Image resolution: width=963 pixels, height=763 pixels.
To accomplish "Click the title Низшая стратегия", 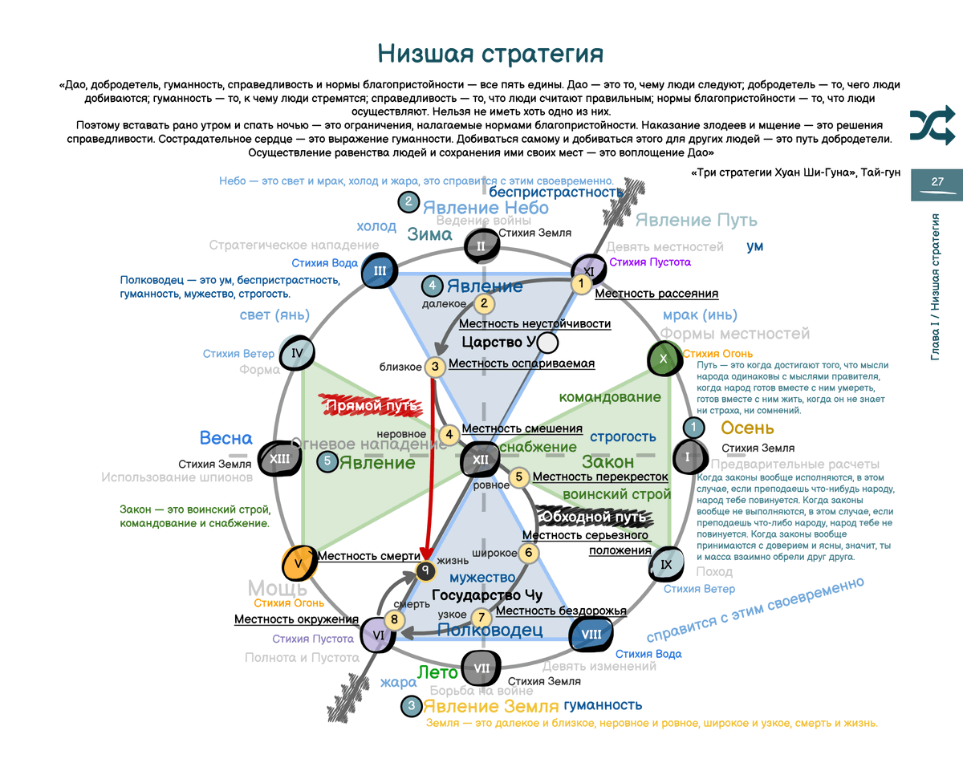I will tap(490, 54).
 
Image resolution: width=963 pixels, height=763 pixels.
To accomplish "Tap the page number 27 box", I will tap(937, 182).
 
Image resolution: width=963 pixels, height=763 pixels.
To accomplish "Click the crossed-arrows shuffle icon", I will tap(932, 124).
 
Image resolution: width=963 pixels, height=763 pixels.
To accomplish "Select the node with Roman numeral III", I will tap(380, 271).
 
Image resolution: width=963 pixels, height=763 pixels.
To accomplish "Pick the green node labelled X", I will tap(663, 359).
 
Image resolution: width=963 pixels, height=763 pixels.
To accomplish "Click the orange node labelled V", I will tap(299, 563).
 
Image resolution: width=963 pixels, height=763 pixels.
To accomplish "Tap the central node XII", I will tap(480, 460).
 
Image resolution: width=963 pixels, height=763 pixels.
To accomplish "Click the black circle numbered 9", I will tap(425, 571).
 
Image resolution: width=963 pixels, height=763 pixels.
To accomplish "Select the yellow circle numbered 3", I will tap(434, 367).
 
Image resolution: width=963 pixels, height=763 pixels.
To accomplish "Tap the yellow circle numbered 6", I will tap(527, 552).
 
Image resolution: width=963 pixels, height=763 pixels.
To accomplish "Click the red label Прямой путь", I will tap(370, 406).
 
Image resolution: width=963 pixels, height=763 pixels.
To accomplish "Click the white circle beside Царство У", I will tap(547, 343).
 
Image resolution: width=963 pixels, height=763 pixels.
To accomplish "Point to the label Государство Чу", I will tap(487, 595).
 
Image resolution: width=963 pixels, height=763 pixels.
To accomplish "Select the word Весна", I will tap(226, 438).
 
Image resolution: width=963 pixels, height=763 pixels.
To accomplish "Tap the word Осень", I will tap(746, 428).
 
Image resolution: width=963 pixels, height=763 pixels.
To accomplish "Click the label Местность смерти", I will tap(369, 555).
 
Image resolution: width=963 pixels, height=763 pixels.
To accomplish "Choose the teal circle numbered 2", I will tap(408, 202).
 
